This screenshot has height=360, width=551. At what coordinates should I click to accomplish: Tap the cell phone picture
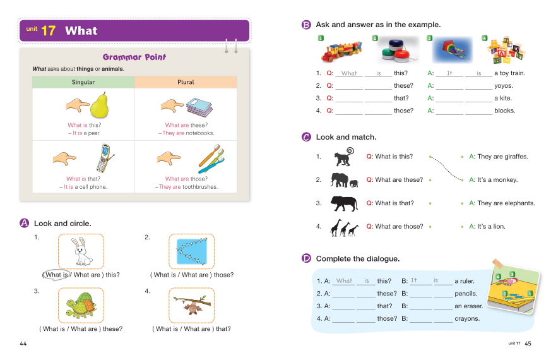click(x=105, y=157)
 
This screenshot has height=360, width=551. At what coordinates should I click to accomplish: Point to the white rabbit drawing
click(x=80, y=251)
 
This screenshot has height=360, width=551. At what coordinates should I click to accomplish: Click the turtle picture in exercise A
click(x=80, y=306)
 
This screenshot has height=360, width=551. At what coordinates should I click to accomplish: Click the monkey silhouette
click(x=345, y=157)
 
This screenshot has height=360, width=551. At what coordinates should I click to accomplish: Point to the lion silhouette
click(x=345, y=203)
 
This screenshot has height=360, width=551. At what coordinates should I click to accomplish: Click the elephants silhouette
click(x=345, y=180)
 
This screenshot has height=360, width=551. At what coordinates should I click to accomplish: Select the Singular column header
click(x=83, y=82)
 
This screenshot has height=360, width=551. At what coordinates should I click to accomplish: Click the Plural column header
click(x=186, y=82)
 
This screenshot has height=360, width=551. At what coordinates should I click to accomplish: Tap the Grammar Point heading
click(x=134, y=57)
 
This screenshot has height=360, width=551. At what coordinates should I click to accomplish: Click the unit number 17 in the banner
click(x=48, y=30)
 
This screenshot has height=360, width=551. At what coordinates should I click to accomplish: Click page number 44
click(x=23, y=344)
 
